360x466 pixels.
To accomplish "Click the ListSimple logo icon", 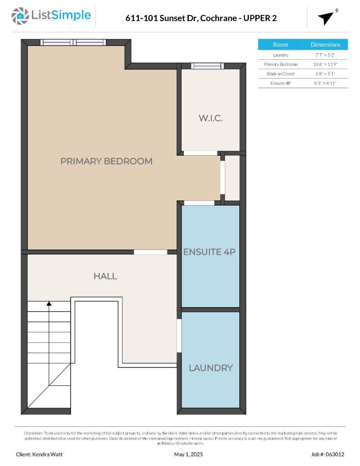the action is pos(20,16).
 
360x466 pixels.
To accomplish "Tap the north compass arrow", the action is pos(326,18).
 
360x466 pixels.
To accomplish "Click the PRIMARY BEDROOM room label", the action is pos(106,161).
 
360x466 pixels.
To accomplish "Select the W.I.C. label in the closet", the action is pos(210,118).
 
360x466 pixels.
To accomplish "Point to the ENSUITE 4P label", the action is pos(209,252).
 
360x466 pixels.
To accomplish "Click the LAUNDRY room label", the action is pos(211,368).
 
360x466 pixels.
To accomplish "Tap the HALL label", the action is pos(105,276).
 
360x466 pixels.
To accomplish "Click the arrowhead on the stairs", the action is pos(49,304).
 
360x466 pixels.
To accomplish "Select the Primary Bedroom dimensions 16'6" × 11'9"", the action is pos(325,64).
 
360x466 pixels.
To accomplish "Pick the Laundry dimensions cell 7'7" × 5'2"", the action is pos(325,55).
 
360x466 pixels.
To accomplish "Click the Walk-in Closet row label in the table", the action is pos(280,74).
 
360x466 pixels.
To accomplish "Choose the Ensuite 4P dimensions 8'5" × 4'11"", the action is pos(325,83).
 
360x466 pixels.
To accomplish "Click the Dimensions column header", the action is pos(325,45).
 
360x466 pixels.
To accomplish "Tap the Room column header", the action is pos(280,45).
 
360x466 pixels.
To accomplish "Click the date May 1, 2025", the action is pos(188,454).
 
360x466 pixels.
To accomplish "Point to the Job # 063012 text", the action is pos(328,454).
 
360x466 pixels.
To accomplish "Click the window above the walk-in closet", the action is pos(207,66).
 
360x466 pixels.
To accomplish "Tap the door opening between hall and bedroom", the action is pos(151,252).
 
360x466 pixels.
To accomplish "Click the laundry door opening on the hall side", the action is pos(179,335).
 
